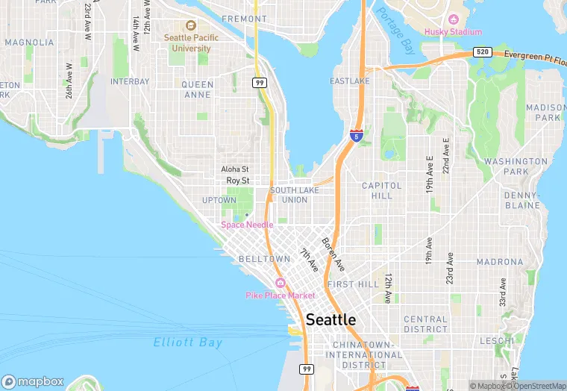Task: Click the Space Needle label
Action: point(247,225)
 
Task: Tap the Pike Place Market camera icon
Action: point(281,283)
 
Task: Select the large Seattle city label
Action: point(331,319)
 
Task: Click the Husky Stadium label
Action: point(454,31)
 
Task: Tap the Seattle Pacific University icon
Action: point(190,25)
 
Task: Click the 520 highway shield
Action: point(482,53)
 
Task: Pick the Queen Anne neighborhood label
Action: point(198,90)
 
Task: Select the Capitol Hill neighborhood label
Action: point(382,190)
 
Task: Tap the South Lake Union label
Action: point(289,195)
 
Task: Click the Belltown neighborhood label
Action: point(264,259)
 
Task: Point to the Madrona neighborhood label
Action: point(500,262)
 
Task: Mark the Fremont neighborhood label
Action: point(244,19)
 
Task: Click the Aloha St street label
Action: point(235,169)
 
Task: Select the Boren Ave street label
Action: point(333,254)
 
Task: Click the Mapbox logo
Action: point(32,381)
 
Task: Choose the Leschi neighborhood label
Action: point(497,340)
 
